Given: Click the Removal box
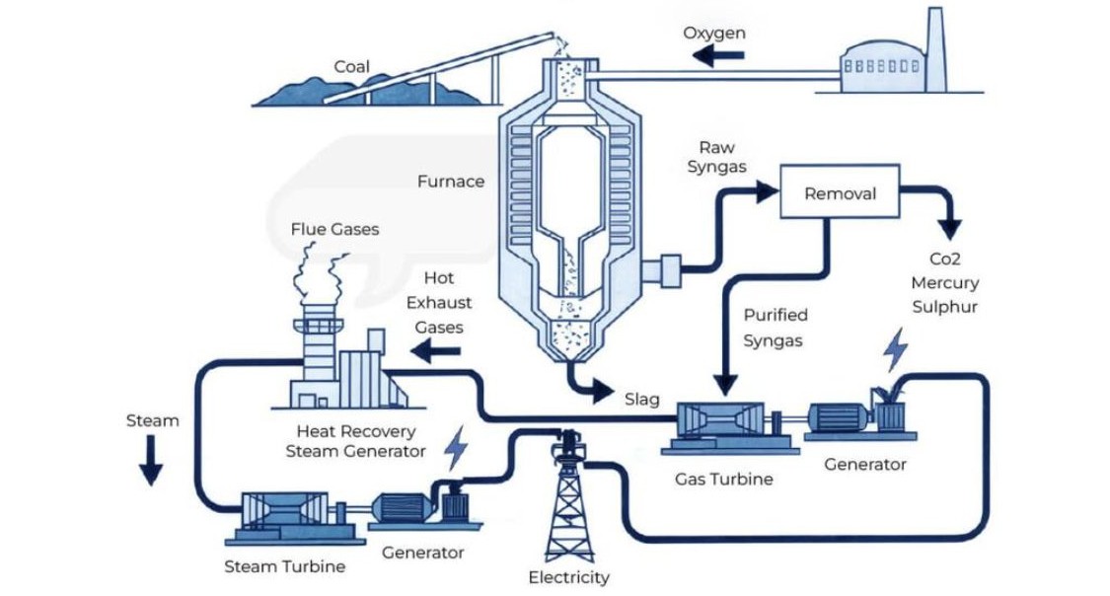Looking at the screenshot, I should pos(840,193).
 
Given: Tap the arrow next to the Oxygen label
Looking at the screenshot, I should pos(717,56).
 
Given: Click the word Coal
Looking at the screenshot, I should pos(351,67).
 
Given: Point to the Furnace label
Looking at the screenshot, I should pos(451,182).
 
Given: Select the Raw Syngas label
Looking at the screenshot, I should pos(717,157).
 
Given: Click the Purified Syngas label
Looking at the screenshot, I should pos(775,328).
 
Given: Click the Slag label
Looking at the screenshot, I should pos(641,401).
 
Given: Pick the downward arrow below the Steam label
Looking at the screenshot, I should pos(150,460).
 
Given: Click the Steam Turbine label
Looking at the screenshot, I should pos(285,566).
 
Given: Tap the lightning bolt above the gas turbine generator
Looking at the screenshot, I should pos(895,350).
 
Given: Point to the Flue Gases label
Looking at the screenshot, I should pos(334,230).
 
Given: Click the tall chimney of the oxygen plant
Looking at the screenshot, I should pos(936,47).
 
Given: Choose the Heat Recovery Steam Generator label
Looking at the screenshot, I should pos(355,441).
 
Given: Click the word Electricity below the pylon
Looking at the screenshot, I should pos(568,577).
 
